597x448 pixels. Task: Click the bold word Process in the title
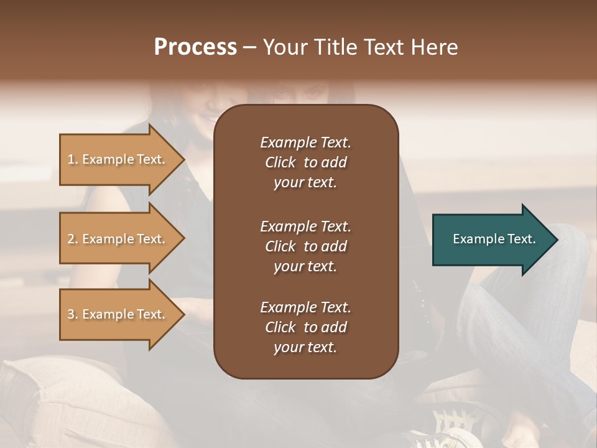(195, 47)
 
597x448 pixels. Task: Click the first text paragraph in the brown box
(305, 162)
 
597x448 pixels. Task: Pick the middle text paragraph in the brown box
(305, 246)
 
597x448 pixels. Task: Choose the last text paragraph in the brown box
(305, 327)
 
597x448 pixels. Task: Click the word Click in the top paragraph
(280, 162)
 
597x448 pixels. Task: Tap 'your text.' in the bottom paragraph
(305, 348)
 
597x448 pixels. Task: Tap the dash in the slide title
(249, 48)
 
